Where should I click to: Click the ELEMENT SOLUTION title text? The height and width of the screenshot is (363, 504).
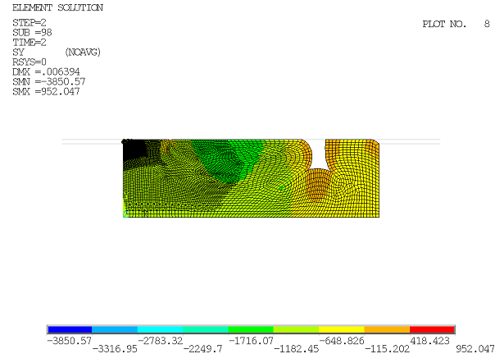tap(58, 7)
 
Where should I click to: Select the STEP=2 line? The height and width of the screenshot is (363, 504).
tap(30, 23)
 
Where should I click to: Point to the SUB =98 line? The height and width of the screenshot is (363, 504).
tap(32, 33)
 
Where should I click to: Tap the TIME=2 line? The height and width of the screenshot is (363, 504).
tap(30, 43)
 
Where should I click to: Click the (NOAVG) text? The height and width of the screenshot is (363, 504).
tap(83, 53)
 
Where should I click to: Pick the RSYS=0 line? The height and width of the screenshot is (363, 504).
tap(30, 62)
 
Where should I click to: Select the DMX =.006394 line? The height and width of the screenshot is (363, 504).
tap(46, 71)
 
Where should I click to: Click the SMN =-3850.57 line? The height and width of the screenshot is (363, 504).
tap(49, 82)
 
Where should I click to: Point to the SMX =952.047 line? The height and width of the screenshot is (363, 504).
tap(46, 91)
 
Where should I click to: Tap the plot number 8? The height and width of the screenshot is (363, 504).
tap(487, 24)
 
